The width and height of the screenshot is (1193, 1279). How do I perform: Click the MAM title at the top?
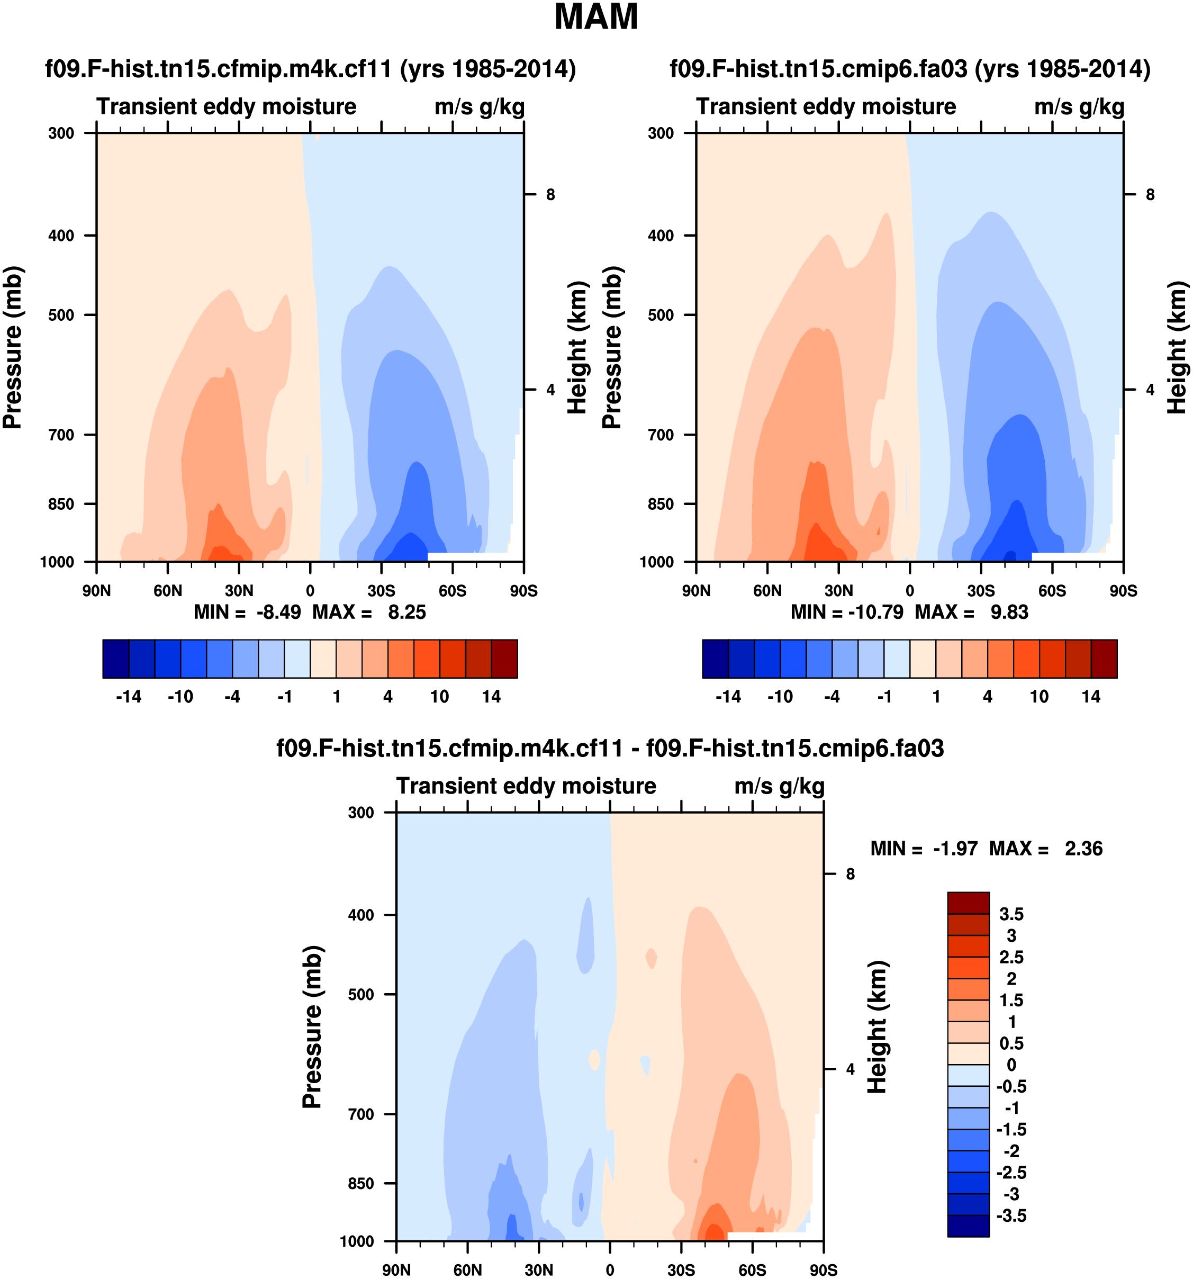pos(595,17)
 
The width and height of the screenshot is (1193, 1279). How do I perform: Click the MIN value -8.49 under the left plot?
pos(278,612)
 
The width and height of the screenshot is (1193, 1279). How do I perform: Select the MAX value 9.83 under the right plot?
pos(1009,612)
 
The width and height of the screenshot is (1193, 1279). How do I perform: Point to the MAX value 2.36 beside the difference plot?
pos(1083,849)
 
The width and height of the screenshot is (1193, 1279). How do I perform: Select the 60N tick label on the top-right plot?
pos(767,591)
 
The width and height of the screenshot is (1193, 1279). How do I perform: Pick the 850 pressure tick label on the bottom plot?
pos(361,1184)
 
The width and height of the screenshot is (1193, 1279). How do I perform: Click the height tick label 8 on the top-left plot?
pos(550,194)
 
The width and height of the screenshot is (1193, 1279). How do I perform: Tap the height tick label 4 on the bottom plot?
pos(850,1069)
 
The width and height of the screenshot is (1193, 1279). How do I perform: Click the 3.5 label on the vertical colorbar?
pos(1011,914)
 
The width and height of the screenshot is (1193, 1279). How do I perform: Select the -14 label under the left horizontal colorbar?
pos(129,697)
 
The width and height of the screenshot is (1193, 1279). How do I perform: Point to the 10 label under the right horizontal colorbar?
pos(1040,697)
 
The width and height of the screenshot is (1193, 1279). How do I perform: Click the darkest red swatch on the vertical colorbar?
pos(968,903)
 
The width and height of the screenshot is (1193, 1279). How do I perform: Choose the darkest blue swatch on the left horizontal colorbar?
pos(116,658)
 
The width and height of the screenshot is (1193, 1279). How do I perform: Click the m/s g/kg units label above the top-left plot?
pos(479,107)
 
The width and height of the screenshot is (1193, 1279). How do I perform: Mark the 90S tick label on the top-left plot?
pos(523,591)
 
